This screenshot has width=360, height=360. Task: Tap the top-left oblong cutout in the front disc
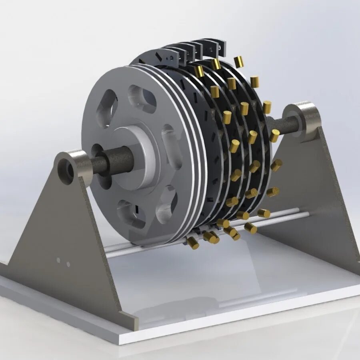[x=107, y=107]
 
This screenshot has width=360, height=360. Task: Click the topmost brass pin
[x=239, y=62]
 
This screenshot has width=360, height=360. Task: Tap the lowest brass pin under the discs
[x=193, y=243]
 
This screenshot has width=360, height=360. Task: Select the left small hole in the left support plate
[x=58, y=260]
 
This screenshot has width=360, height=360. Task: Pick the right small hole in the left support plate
[x=68, y=264]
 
